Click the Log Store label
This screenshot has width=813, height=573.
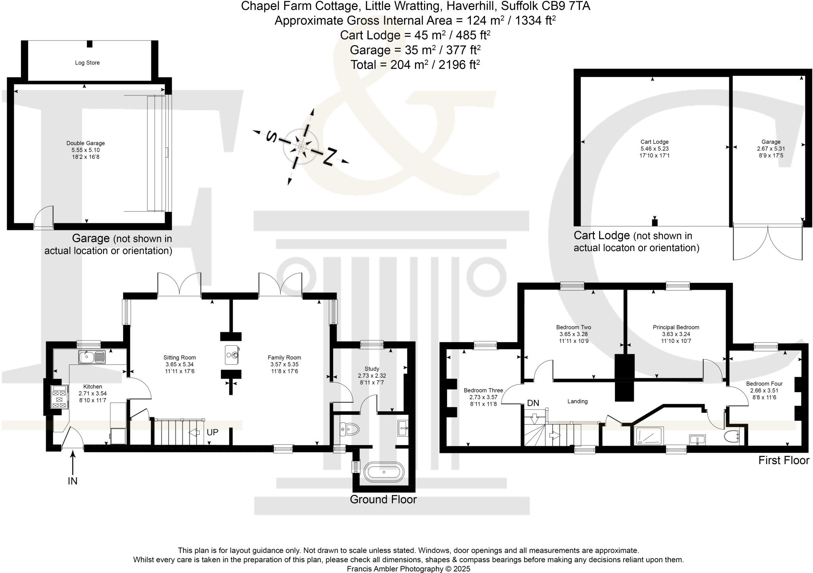[87, 63]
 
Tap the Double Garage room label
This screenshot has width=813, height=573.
[85, 143]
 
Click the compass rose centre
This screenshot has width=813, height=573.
[301, 146]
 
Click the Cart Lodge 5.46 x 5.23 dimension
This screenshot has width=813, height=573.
[654, 149]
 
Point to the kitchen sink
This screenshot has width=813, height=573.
[91, 357]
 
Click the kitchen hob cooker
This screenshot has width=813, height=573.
[59, 397]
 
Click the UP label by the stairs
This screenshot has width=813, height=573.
[212, 432]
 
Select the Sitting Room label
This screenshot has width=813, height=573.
[179, 358]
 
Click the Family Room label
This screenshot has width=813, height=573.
[284, 358]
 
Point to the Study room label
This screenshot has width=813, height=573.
[372, 369]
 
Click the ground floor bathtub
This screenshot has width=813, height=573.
[384, 472]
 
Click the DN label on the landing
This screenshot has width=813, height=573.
[533, 403]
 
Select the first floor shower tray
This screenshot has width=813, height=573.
[649, 436]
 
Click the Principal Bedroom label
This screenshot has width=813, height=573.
[676, 327]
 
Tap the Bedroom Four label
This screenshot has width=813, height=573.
[764, 384]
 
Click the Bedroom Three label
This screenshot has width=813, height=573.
[483, 391]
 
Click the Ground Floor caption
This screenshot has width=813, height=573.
[383, 499]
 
